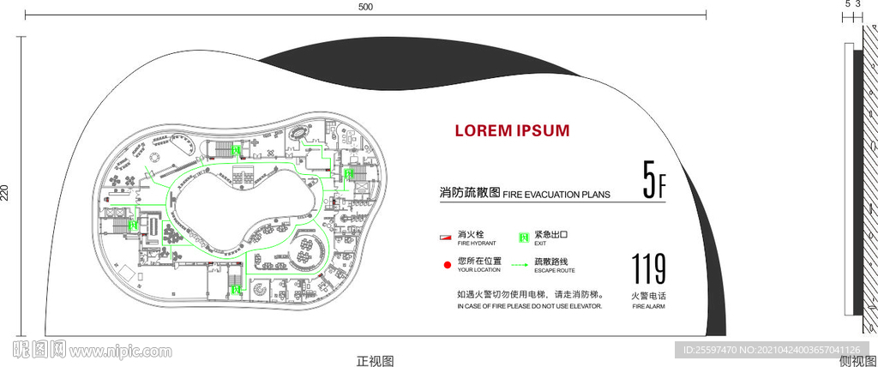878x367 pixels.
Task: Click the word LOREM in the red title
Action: pos(484,130)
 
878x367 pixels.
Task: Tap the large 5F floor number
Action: pos(654,180)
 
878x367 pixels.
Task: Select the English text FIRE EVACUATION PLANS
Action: pos(556,195)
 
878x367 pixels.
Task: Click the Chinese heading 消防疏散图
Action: pos(469,193)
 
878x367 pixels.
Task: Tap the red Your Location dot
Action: pos(446,264)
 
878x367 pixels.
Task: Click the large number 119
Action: pos(648,270)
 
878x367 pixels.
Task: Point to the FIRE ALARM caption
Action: pos(648,305)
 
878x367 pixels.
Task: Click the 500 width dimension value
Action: pos(365,7)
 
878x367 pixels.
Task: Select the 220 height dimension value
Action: pos(5,193)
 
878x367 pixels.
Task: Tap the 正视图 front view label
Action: pos(375,360)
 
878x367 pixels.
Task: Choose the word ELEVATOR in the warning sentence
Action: pos(585,305)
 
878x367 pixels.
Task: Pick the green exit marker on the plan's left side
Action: pos(133,225)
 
